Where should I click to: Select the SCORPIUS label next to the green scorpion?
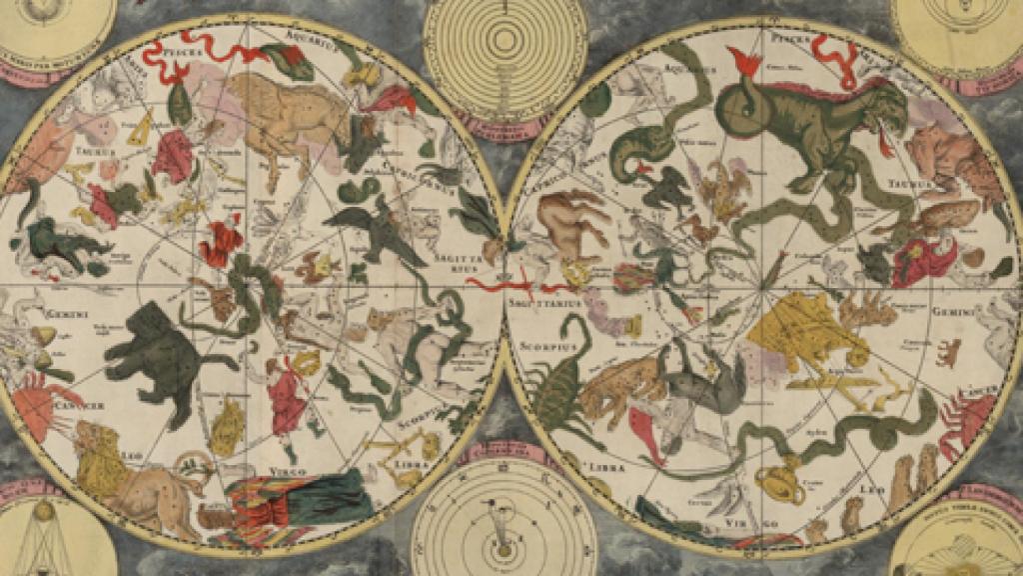[540, 343]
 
